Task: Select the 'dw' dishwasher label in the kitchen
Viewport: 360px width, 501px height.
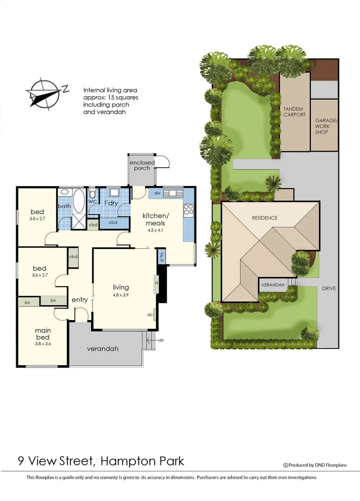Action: point(157,193)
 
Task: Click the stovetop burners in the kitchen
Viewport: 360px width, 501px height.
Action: point(188,210)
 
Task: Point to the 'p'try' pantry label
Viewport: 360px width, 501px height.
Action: point(161,256)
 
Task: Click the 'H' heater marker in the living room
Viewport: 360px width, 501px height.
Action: point(157,283)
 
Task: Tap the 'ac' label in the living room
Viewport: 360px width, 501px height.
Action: point(150,315)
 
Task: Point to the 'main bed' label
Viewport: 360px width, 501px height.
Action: point(43,334)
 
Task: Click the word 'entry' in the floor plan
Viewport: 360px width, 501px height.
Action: point(80,300)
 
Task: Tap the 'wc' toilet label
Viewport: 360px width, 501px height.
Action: point(92,201)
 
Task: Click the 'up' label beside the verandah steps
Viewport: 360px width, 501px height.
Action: point(161,340)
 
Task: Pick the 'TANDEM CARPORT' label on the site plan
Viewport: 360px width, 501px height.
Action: point(294,112)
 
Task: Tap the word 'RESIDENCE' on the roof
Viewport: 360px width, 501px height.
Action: point(264,218)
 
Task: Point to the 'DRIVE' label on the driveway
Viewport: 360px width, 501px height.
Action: point(329,289)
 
